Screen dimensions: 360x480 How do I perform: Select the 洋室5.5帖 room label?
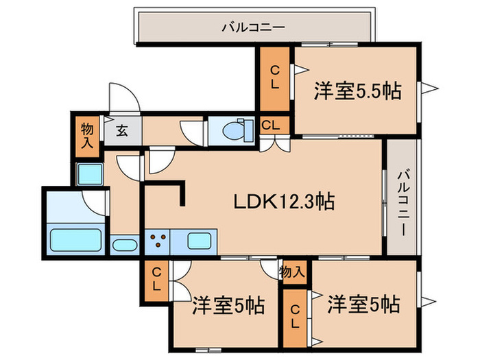click(357, 91)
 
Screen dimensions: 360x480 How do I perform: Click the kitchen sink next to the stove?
click(200, 241)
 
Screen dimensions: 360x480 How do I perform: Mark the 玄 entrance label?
click(121, 130)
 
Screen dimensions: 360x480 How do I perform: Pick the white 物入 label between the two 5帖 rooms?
click(292, 272)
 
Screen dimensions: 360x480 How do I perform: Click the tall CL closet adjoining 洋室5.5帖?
click(274, 79)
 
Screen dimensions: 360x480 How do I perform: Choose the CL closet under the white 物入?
click(295, 315)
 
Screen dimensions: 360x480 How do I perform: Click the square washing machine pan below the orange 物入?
click(89, 174)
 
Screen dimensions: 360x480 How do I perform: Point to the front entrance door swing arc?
click(123, 99)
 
